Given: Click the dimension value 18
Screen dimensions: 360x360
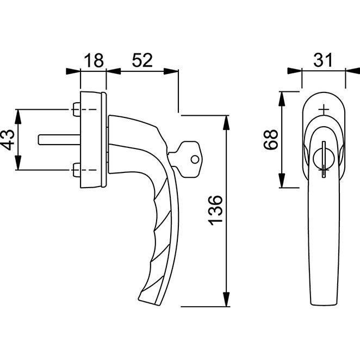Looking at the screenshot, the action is pyautogui.click(x=94, y=60).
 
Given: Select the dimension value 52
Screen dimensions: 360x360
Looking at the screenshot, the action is pyautogui.click(x=142, y=60).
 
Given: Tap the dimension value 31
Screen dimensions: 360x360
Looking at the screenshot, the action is pyautogui.click(x=323, y=60).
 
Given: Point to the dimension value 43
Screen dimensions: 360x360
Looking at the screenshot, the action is pyautogui.click(x=8, y=140).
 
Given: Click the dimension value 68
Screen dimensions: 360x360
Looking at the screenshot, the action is pyautogui.click(x=271, y=140).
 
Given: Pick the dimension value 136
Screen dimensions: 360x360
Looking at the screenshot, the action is pyautogui.click(x=215, y=210).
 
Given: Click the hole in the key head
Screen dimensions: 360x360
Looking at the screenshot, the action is pyautogui.click(x=195, y=159).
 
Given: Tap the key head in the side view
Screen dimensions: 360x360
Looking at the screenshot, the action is pyautogui.click(x=190, y=159).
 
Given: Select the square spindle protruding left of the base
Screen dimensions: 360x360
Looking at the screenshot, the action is pyautogui.click(x=59, y=140).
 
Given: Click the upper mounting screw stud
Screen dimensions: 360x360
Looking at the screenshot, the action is pyautogui.click(x=77, y=109).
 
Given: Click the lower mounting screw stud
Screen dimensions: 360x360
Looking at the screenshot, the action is pyautogui.click(x=77, y=170).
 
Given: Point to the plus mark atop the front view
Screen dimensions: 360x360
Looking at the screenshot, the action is pyautogui.click(x=324, y=110).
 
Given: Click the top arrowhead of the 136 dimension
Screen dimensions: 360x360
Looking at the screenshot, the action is pyautogui.click(x=226, y=123).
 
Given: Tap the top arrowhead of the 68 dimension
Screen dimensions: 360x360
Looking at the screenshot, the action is pyautogui.click(x=282, y=99).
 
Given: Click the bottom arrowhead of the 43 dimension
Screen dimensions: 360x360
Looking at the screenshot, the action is pyautogui.click(x=18, y=163).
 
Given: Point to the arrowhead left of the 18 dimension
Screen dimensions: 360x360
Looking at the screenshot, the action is pyautogui.click(x=73, y=71).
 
